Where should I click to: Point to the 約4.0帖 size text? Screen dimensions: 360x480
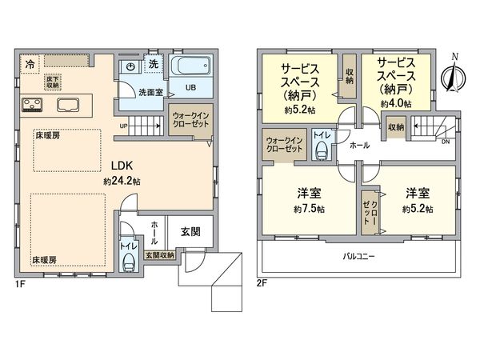click(395, 104)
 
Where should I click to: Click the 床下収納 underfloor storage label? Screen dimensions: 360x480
click(54, 82)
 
